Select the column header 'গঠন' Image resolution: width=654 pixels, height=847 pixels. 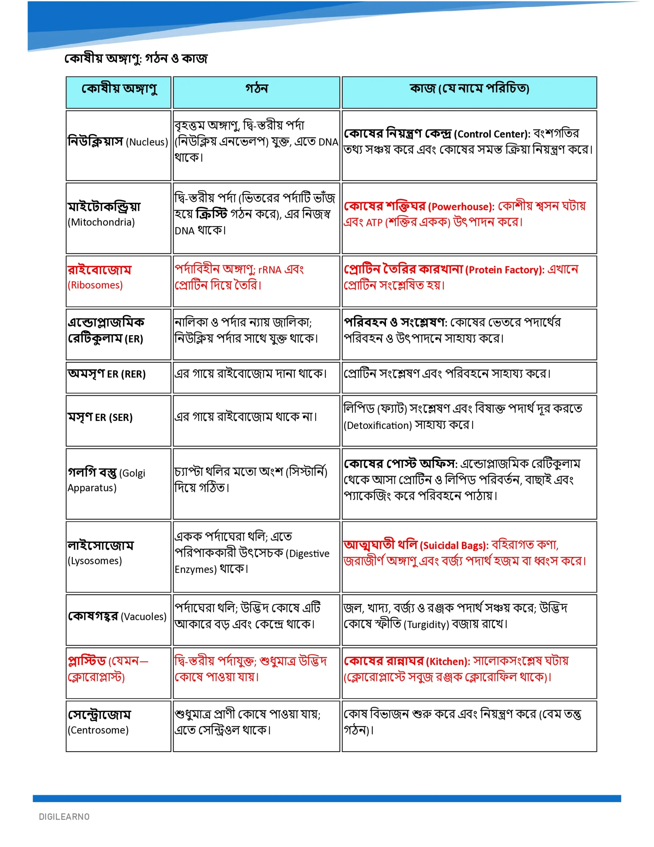click(256, 89)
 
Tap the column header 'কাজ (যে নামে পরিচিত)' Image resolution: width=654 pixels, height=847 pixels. click(469, 89)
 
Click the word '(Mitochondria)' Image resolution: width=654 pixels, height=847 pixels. click(101, 222)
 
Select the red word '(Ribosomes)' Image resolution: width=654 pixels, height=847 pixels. click(95, 285)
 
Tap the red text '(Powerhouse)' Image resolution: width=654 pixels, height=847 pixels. click(461, 207)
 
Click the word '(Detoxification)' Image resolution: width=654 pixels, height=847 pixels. click(378, 425)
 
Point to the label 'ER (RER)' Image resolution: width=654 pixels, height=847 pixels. click(126, 374)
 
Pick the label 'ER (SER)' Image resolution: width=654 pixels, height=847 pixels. click(114, 418)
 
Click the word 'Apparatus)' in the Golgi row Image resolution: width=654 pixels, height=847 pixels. click(92, 488)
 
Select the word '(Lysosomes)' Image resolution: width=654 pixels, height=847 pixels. click(95, 561)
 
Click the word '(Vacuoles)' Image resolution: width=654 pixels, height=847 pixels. click(143, 617)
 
